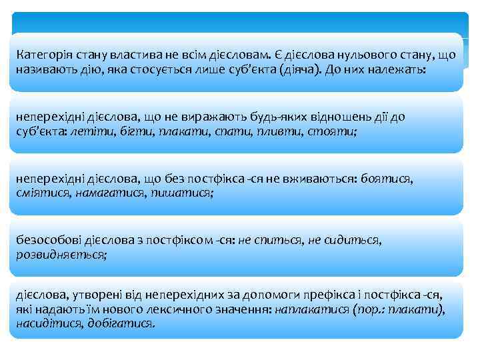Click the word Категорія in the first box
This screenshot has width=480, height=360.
[40, 54]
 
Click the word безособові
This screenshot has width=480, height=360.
[45, 239]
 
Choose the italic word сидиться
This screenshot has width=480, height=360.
[356, 239]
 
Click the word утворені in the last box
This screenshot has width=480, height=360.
[95, 295]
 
